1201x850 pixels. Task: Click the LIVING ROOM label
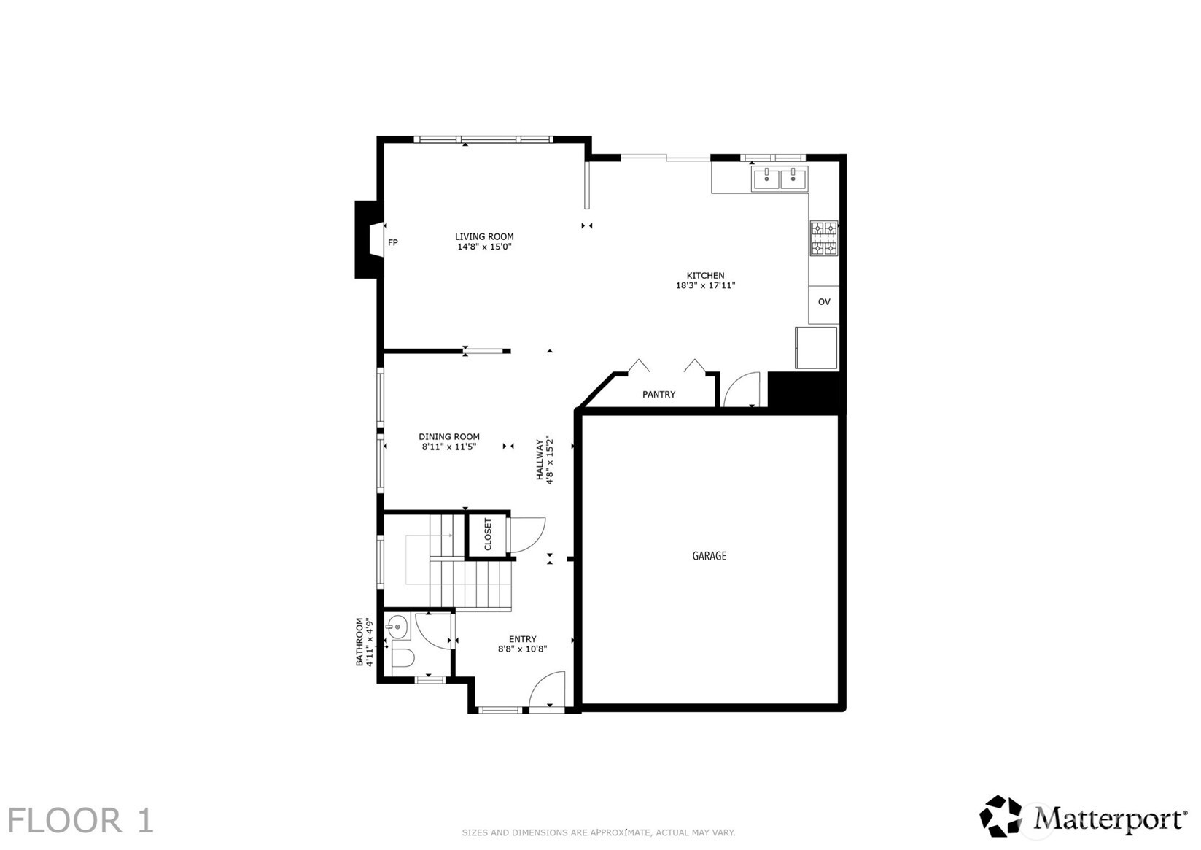coord(484,236)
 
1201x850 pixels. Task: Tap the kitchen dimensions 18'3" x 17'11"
coord(705,286)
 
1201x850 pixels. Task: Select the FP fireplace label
coord(392,242)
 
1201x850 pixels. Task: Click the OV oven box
coord(823,302)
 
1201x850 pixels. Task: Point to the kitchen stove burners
coord(824,239)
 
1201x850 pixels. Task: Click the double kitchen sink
coord(780,177)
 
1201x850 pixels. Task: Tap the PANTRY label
coord(658,395)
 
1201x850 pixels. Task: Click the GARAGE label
coord(709,556)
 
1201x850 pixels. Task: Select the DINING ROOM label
coord(449,437)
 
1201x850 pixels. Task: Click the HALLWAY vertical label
coord(540,460)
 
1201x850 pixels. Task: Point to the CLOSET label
coord(488,535)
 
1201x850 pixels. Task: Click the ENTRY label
coord(522,639)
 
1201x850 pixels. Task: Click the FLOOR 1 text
coord(81,821)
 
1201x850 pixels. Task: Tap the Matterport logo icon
coord(1000,816)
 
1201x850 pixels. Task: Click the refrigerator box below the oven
coord(816,348)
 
